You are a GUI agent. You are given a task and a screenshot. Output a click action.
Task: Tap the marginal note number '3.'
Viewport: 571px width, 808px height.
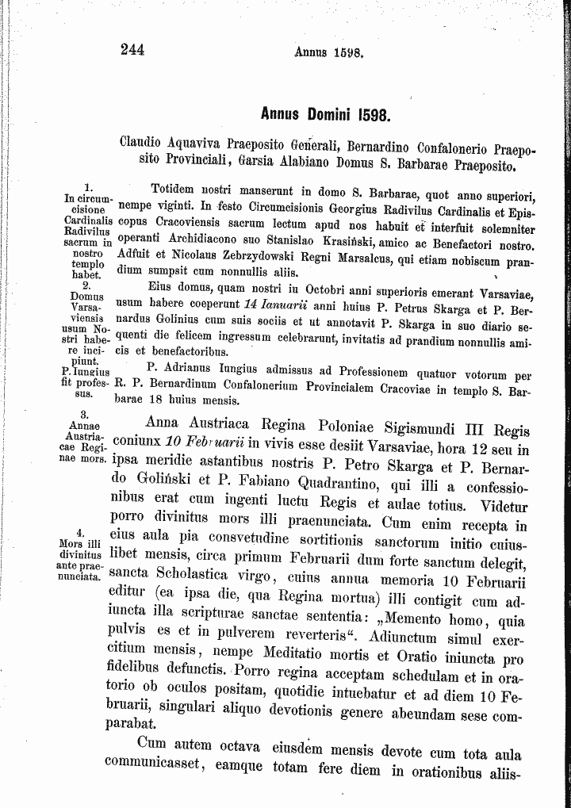coord(83,415)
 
